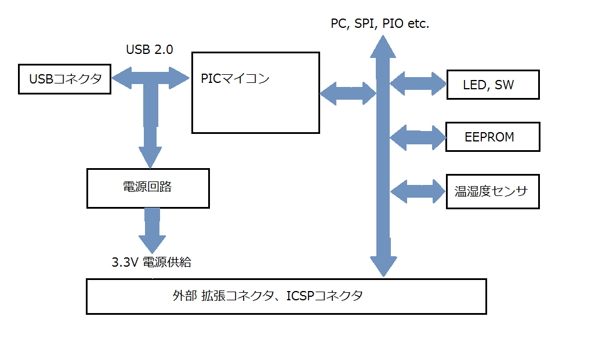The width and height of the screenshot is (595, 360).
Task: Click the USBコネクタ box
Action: point(64,79)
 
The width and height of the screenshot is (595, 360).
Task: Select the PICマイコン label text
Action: point(235,79)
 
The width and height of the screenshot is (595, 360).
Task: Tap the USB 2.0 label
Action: point(150,50)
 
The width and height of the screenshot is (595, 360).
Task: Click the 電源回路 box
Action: point(148,188)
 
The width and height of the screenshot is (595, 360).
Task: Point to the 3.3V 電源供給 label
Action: point(151,262)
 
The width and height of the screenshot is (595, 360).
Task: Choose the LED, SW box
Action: point(492,85)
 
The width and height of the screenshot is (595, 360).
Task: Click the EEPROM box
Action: point(492,137)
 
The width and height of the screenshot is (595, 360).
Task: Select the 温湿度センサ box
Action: point(492,191)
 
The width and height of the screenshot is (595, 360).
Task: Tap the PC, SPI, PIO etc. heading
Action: point(380,24)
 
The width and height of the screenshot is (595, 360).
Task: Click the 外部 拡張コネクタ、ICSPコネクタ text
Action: point(268,296)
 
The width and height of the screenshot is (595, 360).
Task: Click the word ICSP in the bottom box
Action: point(302,296)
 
